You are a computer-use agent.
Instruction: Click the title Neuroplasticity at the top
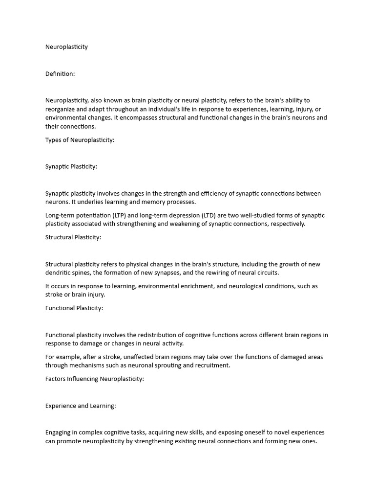(66, 47)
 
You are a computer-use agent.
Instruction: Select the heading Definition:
(60, 74)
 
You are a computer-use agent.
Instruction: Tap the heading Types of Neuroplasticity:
(80, 140)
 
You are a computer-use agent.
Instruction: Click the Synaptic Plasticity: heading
(71, 166)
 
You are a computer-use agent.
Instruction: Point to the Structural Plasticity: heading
(73, 237)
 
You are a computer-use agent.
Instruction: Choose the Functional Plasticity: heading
(74, 308)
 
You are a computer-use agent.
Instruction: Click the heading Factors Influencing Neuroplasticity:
(95, 379)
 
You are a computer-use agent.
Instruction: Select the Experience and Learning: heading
(81, 406)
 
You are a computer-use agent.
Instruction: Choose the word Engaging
(59, 433)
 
